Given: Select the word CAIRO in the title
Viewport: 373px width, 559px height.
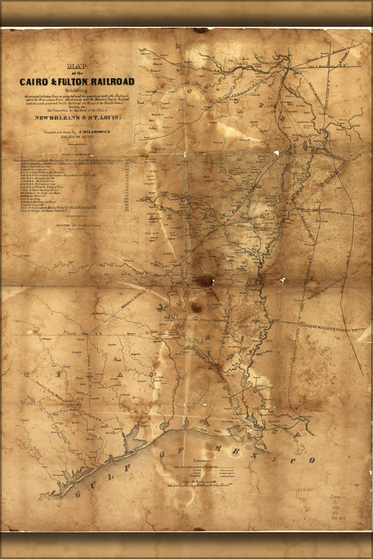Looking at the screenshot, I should click(37, 81).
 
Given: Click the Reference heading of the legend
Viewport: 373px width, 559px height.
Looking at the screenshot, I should click(192, 461).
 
